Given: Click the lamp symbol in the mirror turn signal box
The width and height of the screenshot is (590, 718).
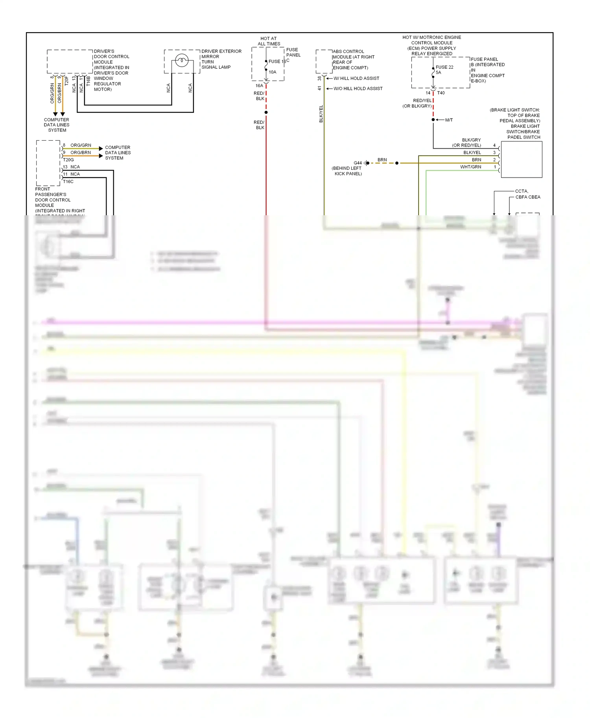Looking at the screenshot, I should click(x=182, y=60).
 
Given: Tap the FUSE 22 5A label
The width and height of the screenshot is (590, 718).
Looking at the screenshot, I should click(x=444, y=70).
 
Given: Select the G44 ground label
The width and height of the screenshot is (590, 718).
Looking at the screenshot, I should click(x=357, y=163).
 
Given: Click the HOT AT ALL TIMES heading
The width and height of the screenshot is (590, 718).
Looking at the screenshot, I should click(x=269, y=41).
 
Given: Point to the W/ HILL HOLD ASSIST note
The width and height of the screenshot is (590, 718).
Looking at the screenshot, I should click(x=356, y=79).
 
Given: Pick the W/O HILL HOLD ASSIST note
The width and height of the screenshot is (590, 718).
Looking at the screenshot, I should click(x=358, y=89).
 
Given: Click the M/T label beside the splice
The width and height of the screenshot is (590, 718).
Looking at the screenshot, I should click(x=449, y=120).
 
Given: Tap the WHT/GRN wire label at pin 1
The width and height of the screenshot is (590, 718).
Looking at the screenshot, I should click(x=470, y=167).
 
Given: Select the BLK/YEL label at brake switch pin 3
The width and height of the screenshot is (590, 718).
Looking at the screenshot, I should click(x=472, y=152).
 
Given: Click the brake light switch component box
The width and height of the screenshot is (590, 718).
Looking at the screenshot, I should click(x=522, y=159).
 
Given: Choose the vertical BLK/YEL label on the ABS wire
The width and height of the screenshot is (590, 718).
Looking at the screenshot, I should click(x=321, y=114).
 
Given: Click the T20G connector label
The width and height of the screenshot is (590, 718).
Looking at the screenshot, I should click(x=68, y=160).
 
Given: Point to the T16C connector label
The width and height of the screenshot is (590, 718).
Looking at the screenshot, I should click(x=68, y=181).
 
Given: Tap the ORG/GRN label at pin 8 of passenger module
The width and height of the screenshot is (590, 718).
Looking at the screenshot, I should click(x=81, y=145).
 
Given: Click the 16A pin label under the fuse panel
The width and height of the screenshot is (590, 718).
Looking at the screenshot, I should click(x=259, y=86).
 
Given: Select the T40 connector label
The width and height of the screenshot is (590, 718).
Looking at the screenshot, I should click(x=441, y=93).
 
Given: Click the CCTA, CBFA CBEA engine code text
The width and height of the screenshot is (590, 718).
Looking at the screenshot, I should click(x=527, y=194).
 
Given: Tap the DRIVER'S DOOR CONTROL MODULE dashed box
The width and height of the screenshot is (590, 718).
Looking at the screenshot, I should click(x=70, y=61).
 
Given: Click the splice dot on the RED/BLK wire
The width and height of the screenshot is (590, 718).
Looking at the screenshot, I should click(x=266, y=112).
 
